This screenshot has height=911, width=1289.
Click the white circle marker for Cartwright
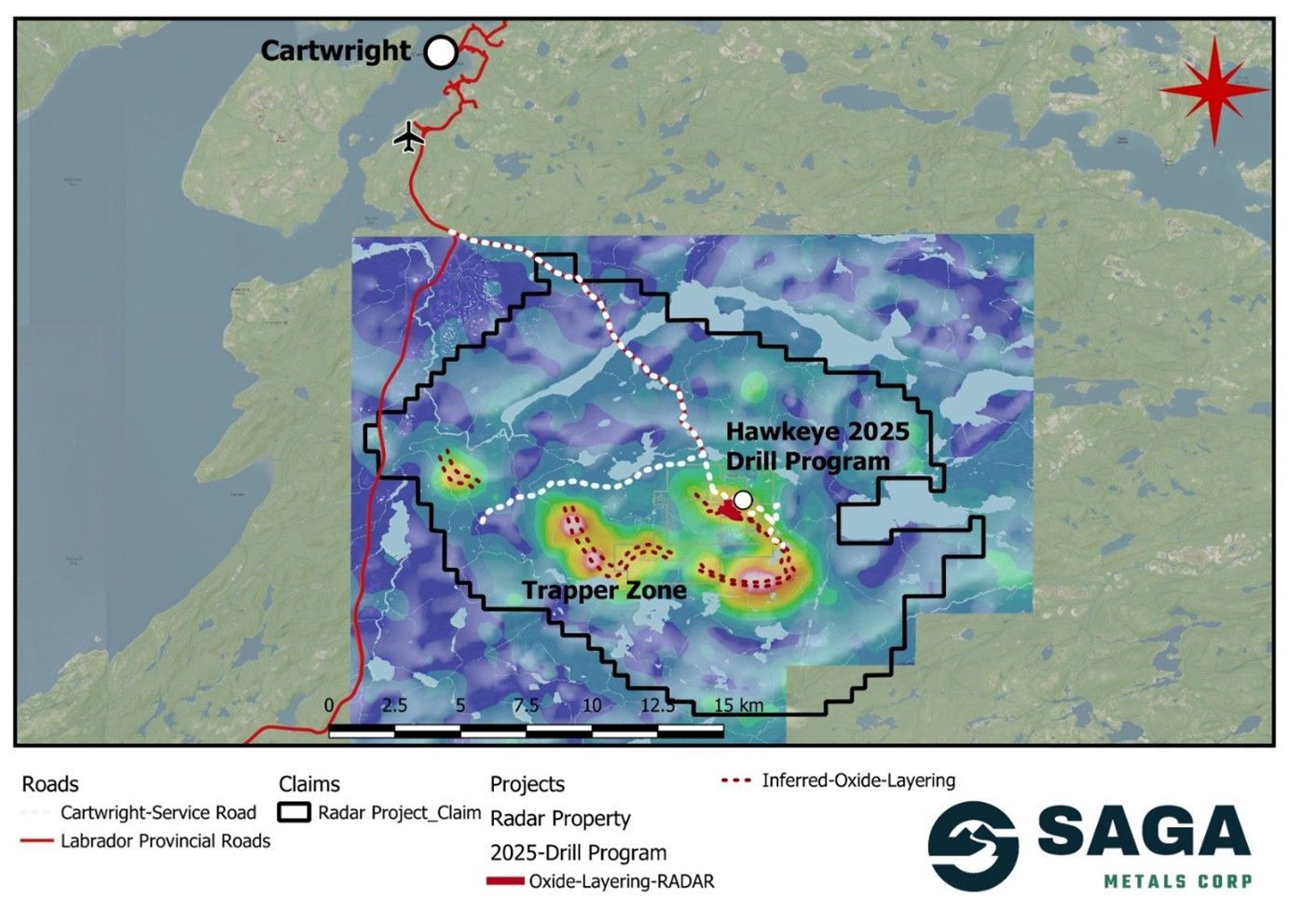pyautogui.click(x=441, y=52)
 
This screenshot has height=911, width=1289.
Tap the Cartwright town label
pyautogui.click(x=335, y=50)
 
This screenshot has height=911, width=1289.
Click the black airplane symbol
pyautogui.click(x=408, y=136)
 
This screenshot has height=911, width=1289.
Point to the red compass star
pyautogui.click(x=1214, y=90)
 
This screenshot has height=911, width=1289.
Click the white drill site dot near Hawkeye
pyautogui.click(x=743, y=500)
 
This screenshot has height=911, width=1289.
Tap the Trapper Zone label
pyautogui.click(x=604, y=590)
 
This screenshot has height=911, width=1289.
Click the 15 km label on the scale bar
pyautogui.click(x=738, y=705)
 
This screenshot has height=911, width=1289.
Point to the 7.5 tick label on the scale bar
pyautogui.click(x=526, y=705)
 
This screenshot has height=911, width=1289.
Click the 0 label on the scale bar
pyautogui.click(x=329, y=705)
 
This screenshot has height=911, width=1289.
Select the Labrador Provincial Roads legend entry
pyautogui.click(x=165, y=841)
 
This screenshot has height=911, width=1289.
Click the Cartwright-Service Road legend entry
pyautogui.click(x=158, y=812)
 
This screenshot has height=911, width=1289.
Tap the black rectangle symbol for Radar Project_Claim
pyautogui.click(x=295, y=812)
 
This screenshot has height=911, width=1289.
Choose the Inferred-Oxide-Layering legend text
pyautogui.click(x=857, y=780)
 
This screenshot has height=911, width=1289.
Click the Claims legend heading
pyautogui.click(x=309, y=784)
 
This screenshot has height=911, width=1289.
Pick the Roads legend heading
pyautogui.click(x=50, y=784)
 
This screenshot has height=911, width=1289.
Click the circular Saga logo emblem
pyautogui.click(x=973, y=845)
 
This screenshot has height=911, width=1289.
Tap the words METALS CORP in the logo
pyautogui.click(x=1177, y=881)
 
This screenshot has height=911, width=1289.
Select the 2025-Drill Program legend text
pyautogui.click(x=578, y=852)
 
